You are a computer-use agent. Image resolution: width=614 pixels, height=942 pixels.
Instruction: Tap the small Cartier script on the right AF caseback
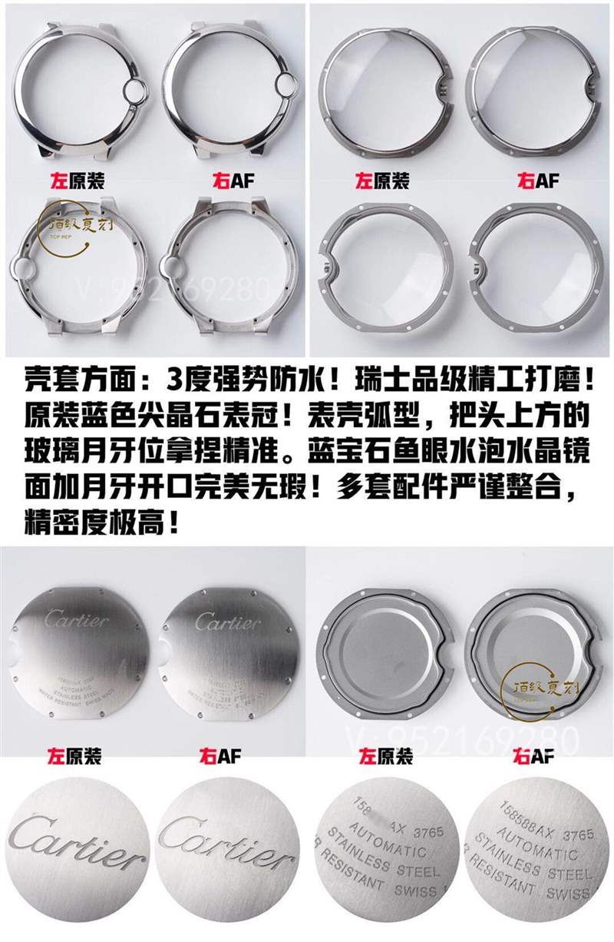point(227,622)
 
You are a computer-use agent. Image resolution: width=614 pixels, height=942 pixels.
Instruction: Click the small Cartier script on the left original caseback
point(76,619)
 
